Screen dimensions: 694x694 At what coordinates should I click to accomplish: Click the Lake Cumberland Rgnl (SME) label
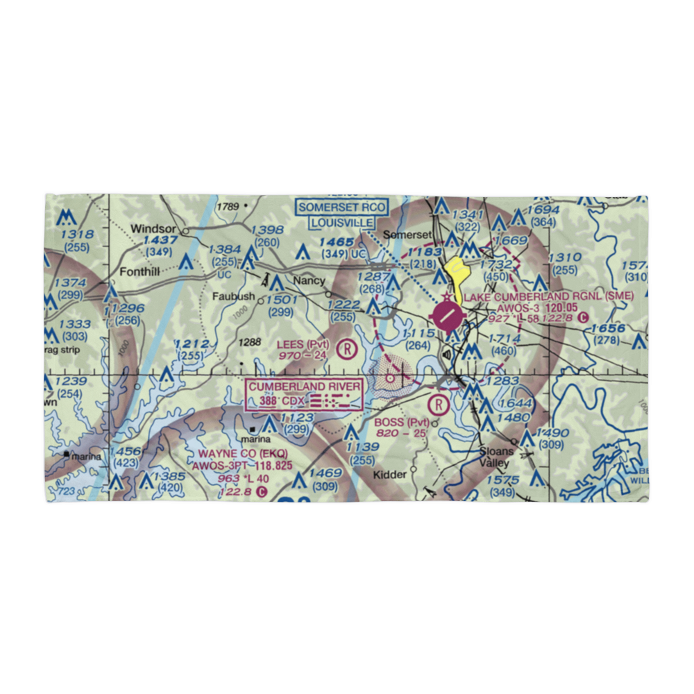coord(548,297)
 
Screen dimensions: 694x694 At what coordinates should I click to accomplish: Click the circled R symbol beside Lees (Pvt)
coord(346,348)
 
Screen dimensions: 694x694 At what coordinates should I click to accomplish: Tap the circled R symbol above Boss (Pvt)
coord(439,403)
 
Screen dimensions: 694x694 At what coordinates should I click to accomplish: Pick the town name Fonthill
coord(141,272)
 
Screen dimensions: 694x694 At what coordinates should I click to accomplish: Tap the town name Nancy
coord(309,281)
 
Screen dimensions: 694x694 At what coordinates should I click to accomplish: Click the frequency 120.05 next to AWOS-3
coord(561,307)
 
